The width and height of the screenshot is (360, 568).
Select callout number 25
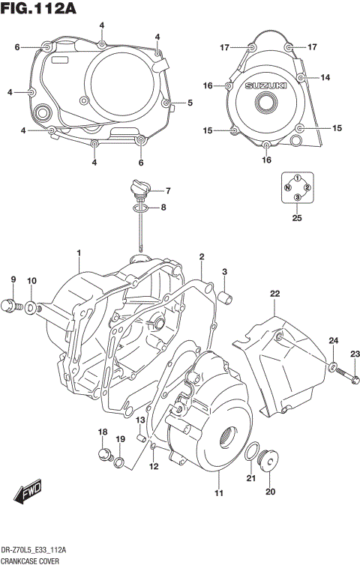298,219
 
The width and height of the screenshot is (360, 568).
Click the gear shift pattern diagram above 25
297,187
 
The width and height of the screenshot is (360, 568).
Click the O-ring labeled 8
140,208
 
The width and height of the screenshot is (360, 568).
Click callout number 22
275,293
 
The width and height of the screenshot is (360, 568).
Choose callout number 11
219,492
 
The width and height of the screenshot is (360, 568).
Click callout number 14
325,78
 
